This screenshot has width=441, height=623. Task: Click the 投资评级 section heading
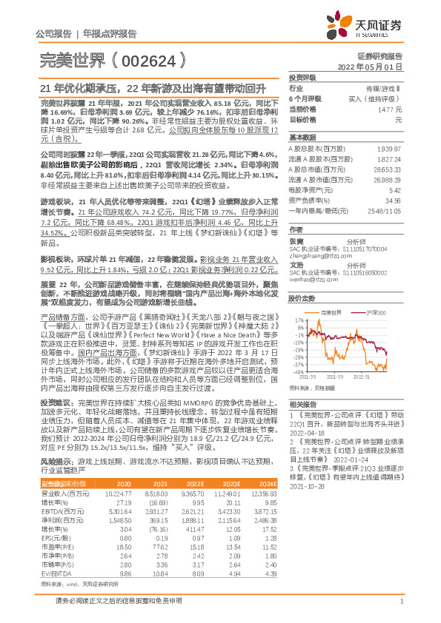point(303,77)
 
